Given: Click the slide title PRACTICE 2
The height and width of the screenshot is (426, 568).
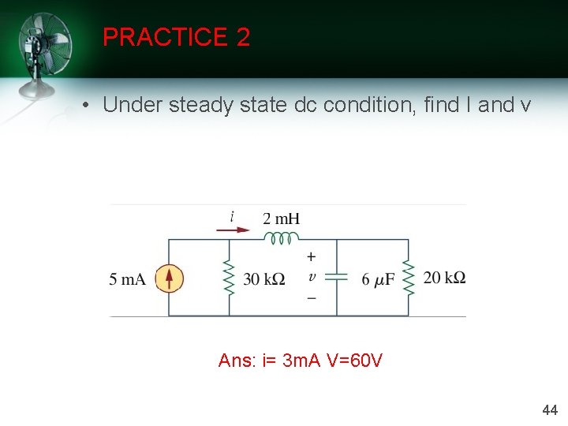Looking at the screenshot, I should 176,37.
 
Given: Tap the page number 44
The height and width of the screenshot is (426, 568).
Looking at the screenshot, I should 550,409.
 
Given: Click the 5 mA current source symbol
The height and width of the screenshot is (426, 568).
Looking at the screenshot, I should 169,278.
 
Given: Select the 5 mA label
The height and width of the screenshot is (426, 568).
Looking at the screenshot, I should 127,278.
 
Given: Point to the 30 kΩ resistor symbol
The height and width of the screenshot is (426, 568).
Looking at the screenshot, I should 230,278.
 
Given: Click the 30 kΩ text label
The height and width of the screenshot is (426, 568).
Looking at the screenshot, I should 264,279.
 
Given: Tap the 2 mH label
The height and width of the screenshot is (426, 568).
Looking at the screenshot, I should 281,218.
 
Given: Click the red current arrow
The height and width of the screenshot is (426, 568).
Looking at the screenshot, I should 234,230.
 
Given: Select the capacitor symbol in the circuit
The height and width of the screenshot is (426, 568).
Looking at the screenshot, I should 337,278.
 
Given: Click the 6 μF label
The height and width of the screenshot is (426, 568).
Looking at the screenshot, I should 379,279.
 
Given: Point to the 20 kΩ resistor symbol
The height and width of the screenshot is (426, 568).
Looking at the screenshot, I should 408,278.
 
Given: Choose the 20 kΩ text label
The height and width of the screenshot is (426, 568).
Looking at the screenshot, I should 444,278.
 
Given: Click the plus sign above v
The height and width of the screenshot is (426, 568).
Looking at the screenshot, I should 312,257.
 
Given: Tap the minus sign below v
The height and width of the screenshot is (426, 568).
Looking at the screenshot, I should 312,298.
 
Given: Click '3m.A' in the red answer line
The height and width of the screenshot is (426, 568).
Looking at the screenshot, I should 301,361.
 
